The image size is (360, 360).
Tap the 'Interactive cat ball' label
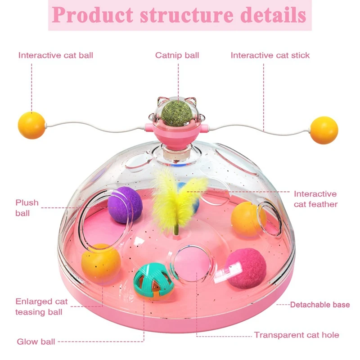pos(56,55)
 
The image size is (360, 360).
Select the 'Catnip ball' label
pos(177,55)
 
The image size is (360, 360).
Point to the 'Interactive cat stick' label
pos(270,55)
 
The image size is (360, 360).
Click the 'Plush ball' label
pos(27,207)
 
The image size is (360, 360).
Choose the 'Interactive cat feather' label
pos(315,199)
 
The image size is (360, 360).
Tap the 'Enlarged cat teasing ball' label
pos(41,306)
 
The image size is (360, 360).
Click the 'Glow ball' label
pos(36,342)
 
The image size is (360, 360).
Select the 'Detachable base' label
pos(319,305)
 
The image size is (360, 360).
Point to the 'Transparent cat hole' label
pos(297,335)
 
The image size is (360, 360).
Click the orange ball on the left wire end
pos(31,125)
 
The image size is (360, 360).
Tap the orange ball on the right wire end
pos(324,130)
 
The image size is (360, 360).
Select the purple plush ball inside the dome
pos(124,204)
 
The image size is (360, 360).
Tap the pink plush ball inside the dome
pos(245,269)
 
